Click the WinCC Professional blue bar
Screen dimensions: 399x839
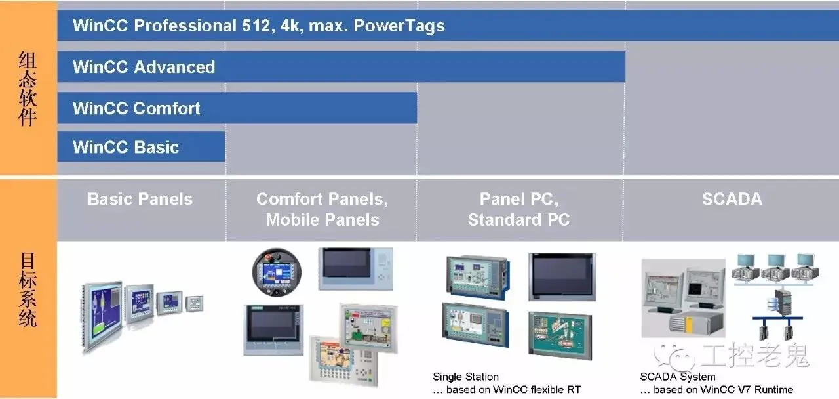(446, 26)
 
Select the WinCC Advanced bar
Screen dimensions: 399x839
(341, 67)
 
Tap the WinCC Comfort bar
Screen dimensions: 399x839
(237, 108)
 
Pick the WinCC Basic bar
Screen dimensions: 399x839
(141, 147)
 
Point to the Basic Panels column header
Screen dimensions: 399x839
(140, 199)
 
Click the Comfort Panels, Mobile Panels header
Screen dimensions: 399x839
(322, 209)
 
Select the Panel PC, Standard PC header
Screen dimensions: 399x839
(518, 209)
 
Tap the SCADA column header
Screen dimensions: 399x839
(732, 199)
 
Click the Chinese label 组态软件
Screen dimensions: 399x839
(27, 89)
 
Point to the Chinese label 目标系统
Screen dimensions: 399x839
(27, 289)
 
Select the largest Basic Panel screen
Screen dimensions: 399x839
(103, 316)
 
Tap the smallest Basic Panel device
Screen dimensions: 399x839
(194, 303)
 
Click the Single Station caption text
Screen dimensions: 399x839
(465, 377)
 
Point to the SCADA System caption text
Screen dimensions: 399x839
(678, 377)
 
